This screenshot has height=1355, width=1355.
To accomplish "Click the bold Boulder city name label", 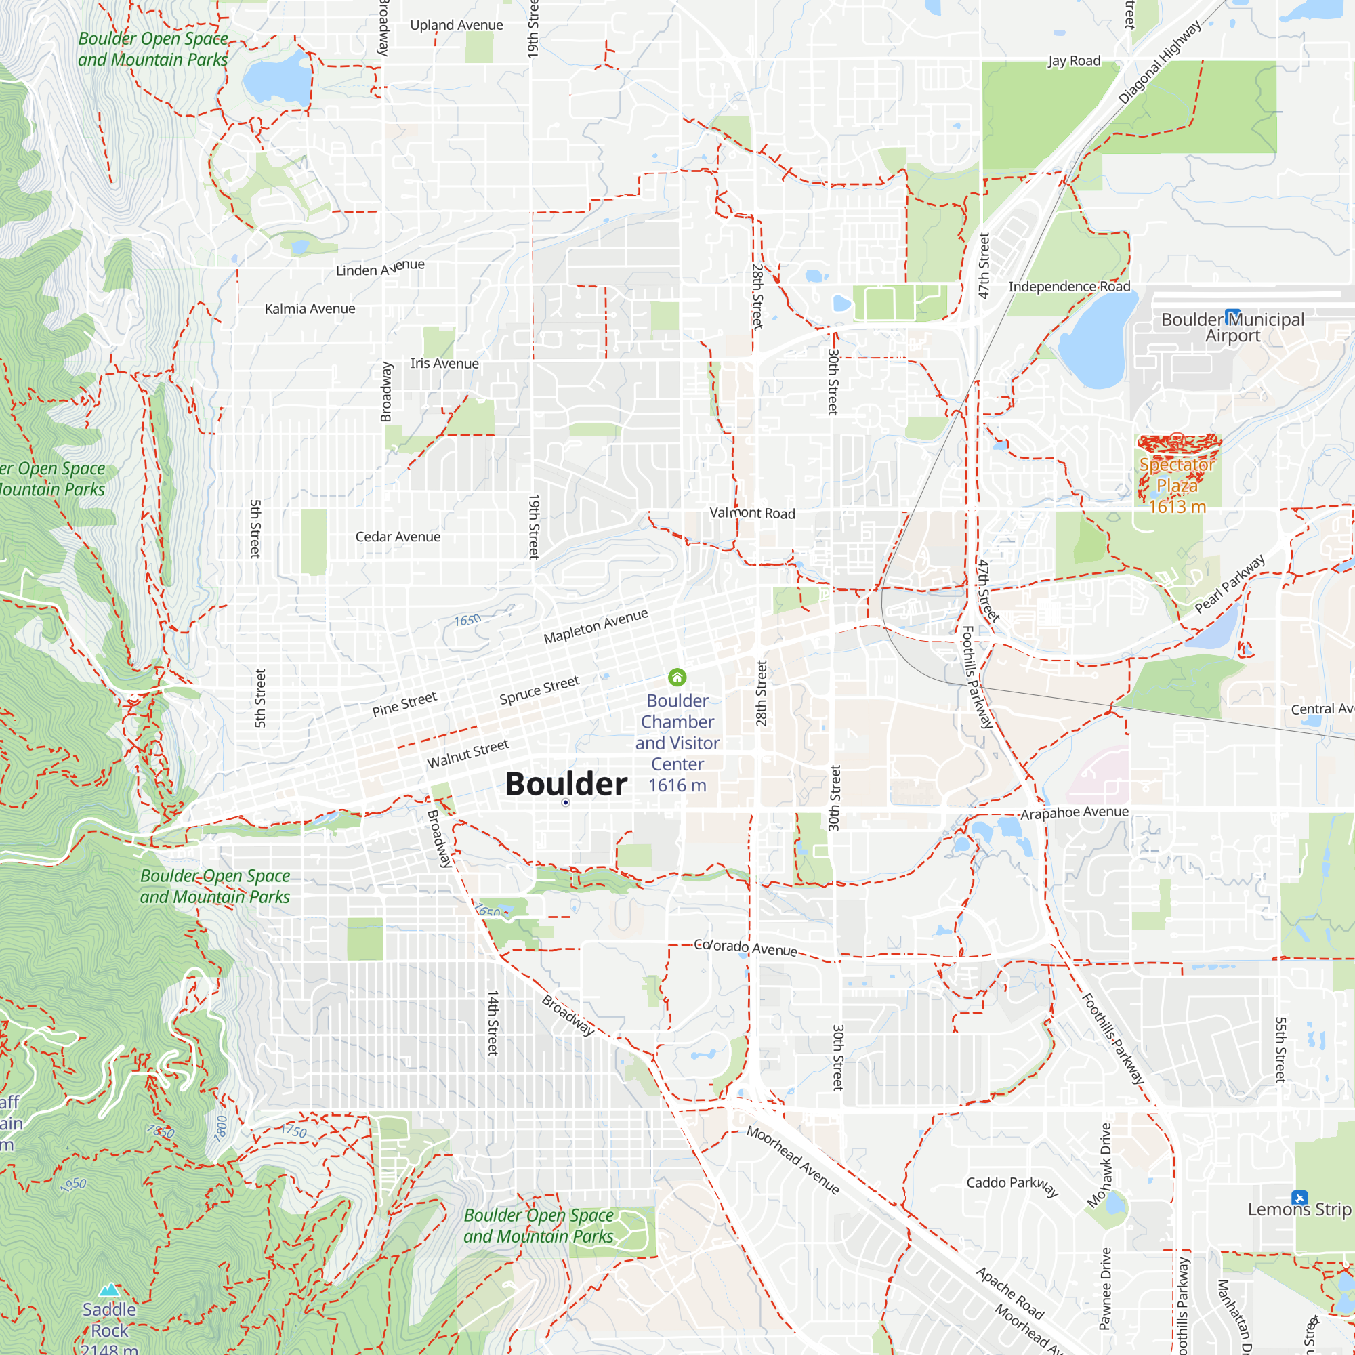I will coord(565,783).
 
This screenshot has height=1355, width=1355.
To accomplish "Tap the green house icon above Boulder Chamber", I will coord(677,677).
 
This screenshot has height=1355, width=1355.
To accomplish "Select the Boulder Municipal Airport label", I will coord(1232,327).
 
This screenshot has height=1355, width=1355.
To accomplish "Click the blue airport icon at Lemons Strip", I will coord(1299,1197).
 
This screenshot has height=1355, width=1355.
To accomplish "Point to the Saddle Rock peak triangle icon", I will coord(109,1290).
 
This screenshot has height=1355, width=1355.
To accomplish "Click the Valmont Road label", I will coord(752,513).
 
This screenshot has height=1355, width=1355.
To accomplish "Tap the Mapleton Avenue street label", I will coord(596,625).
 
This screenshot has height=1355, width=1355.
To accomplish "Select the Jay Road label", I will coord(1074,61).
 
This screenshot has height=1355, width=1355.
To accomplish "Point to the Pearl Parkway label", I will coord(1230,583).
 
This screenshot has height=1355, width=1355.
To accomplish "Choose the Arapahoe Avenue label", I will coord(1074,813).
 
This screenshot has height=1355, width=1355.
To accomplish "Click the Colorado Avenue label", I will coord(745,948).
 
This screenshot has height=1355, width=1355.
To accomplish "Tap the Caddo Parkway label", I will coord(1012,1185).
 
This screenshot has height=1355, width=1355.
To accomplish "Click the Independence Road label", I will coord(1069,286).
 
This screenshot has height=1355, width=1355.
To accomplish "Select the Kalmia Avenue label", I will coord(310,308).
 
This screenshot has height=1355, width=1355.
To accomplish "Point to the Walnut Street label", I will coord(467,754).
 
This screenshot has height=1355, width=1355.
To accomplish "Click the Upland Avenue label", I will coord(456,25).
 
